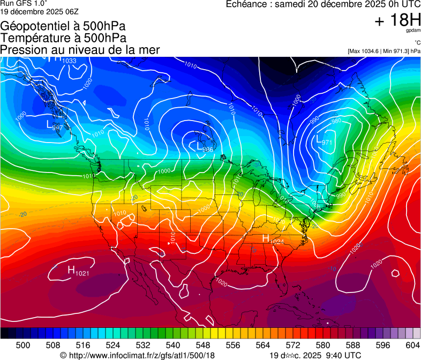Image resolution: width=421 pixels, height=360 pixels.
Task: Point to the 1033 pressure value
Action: pyautogui.click(x=70, y=61)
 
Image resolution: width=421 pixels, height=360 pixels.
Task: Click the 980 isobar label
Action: pyautogui.click(x=336, y=121)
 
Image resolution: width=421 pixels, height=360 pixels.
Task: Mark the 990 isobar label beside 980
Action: pyautogui.click(x=314, y=119)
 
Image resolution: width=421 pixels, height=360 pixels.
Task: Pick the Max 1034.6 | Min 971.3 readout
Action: pyautogui.click(x=384, y=51)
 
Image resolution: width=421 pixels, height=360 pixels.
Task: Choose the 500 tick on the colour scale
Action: pyautogui.click(x=23, y=344)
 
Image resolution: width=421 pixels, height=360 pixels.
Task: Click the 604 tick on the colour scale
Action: pyautogui.click(x=412, y=344)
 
